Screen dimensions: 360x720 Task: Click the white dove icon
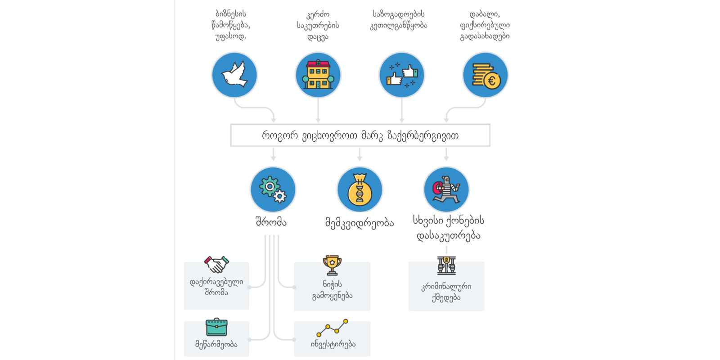pos(234,75)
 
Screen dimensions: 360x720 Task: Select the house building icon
pos(318,75)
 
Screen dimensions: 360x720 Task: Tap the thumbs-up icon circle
pos(402,75)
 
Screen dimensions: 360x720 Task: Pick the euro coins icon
pos(485,75)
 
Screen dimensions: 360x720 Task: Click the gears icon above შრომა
pos(273,189)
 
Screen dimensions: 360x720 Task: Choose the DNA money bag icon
pos(360,189)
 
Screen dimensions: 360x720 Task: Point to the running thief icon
pos(446,189)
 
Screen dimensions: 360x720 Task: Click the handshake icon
pos(216,264)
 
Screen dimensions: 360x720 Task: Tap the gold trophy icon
pos(332,265)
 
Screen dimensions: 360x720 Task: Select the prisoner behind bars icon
pos(446,265)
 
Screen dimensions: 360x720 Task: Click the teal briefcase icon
pos(216,327)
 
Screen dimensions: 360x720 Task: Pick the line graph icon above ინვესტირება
pos(332,328)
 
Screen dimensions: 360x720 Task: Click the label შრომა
pos(271,222)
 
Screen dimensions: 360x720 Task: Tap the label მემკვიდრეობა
pos(360,222)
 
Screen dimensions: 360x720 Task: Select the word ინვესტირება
pos(333,344)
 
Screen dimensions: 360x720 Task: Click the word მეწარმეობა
pos(216,344)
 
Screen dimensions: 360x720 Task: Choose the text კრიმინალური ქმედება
pos(446,292)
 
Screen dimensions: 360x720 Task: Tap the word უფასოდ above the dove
pos(230,36)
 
